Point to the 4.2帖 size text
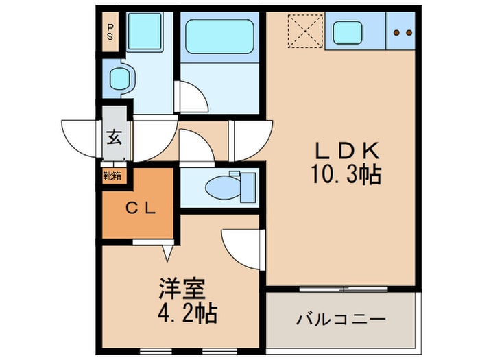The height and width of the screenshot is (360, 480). tap(183, 314)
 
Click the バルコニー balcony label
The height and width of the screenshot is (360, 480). tap(341, 320)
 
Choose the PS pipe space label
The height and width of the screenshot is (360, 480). tap(110, 32)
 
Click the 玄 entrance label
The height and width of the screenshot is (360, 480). tap(115, 136)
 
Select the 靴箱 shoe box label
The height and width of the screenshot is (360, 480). tap(112, 176)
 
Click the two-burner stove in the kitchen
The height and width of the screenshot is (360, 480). tap(400, 32)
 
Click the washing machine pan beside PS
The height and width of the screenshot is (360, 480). tap(143, 30)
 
